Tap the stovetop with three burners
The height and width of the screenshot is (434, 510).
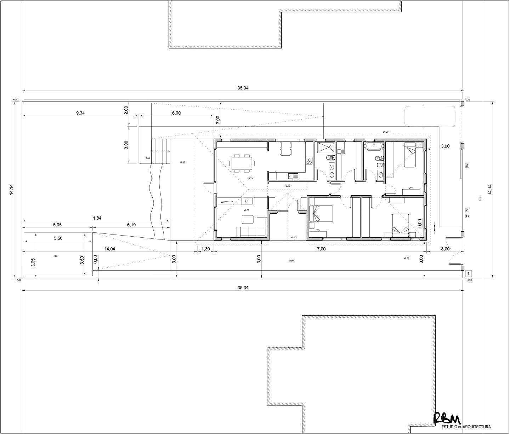(309, 161)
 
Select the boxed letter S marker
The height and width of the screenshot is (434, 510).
(467, 166)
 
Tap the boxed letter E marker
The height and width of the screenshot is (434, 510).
(468, 273)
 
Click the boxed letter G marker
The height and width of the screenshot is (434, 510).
(467, 216)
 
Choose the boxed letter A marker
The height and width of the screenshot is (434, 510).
(467, 209)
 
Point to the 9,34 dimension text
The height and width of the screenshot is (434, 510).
(81, 113)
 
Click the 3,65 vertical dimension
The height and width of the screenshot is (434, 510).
(33, 262)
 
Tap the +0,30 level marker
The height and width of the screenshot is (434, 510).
(246, 210)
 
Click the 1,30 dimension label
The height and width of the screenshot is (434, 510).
(205, 249)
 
